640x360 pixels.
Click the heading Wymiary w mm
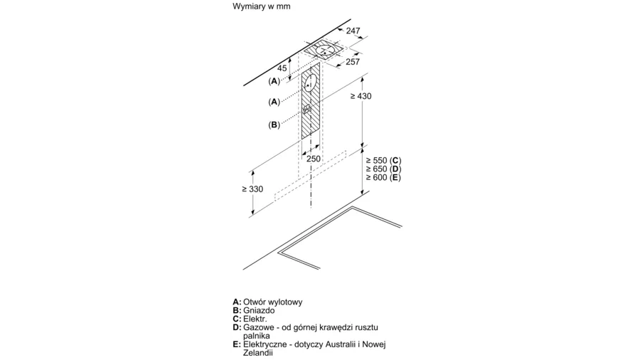[261, 6]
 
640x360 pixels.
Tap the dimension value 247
[353, 31]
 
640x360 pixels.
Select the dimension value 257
[353, 62]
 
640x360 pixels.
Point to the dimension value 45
[282, 68]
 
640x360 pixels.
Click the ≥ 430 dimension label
[361, 96]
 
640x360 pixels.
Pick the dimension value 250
[314, 159]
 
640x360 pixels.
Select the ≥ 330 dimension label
[252, 189]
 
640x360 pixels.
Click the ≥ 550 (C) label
[383, 160]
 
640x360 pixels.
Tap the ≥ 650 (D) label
[383, 169]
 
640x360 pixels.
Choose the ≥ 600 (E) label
[383, 178]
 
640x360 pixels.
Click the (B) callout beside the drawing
[274, 125]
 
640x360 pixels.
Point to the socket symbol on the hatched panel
[308, 110]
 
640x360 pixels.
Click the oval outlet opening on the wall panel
[310, 85]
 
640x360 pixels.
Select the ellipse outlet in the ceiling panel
[325, 51]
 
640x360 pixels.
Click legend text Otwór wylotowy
[272, 302]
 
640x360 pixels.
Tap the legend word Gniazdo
[259, 311]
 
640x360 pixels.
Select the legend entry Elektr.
[255, 319]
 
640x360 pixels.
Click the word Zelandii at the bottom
[257, 353]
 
